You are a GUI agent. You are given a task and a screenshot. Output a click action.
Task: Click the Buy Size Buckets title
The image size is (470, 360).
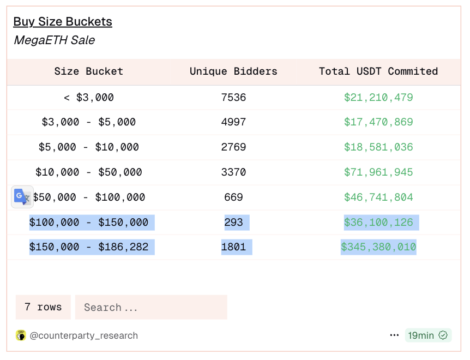point(63,22)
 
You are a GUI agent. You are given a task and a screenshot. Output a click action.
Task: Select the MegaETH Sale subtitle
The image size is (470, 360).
point(54,40)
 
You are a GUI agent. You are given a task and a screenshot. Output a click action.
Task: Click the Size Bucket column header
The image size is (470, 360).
point(89,71)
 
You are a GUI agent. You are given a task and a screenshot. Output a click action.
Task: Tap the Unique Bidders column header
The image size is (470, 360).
point(233,71)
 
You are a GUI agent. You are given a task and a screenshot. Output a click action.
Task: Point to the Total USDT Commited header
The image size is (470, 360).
point(378,71)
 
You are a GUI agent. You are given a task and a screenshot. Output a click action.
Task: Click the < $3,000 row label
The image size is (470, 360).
point(89,98)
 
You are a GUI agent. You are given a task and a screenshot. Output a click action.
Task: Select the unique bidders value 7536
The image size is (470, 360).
point(233,98)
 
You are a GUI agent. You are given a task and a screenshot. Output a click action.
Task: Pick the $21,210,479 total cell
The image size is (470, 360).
point(378,98)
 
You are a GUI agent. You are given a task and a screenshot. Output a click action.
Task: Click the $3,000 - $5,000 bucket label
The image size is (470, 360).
point(89,122)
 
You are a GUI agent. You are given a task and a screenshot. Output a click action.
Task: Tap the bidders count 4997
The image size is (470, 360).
point(233,122)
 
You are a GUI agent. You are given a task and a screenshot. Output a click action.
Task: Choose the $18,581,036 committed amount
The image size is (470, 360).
point(378,147)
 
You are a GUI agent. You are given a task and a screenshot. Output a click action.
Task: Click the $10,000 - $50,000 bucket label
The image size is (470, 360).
point(89,172)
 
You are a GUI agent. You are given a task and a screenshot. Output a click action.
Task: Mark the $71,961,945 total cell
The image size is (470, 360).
point(378,172)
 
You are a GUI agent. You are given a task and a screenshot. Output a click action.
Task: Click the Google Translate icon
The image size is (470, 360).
point(22,196)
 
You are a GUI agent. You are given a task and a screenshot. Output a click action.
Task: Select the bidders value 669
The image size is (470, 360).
point(233,197)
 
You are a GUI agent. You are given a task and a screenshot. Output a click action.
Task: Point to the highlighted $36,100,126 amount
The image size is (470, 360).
point(381,223)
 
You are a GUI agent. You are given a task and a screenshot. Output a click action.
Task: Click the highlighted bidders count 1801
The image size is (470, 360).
point(236,247)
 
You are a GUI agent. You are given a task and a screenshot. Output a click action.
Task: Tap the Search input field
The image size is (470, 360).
point(151,308)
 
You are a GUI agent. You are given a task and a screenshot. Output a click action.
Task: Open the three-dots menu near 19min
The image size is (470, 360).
point(394,335)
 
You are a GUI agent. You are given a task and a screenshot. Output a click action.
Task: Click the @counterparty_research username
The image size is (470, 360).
point(83,335)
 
